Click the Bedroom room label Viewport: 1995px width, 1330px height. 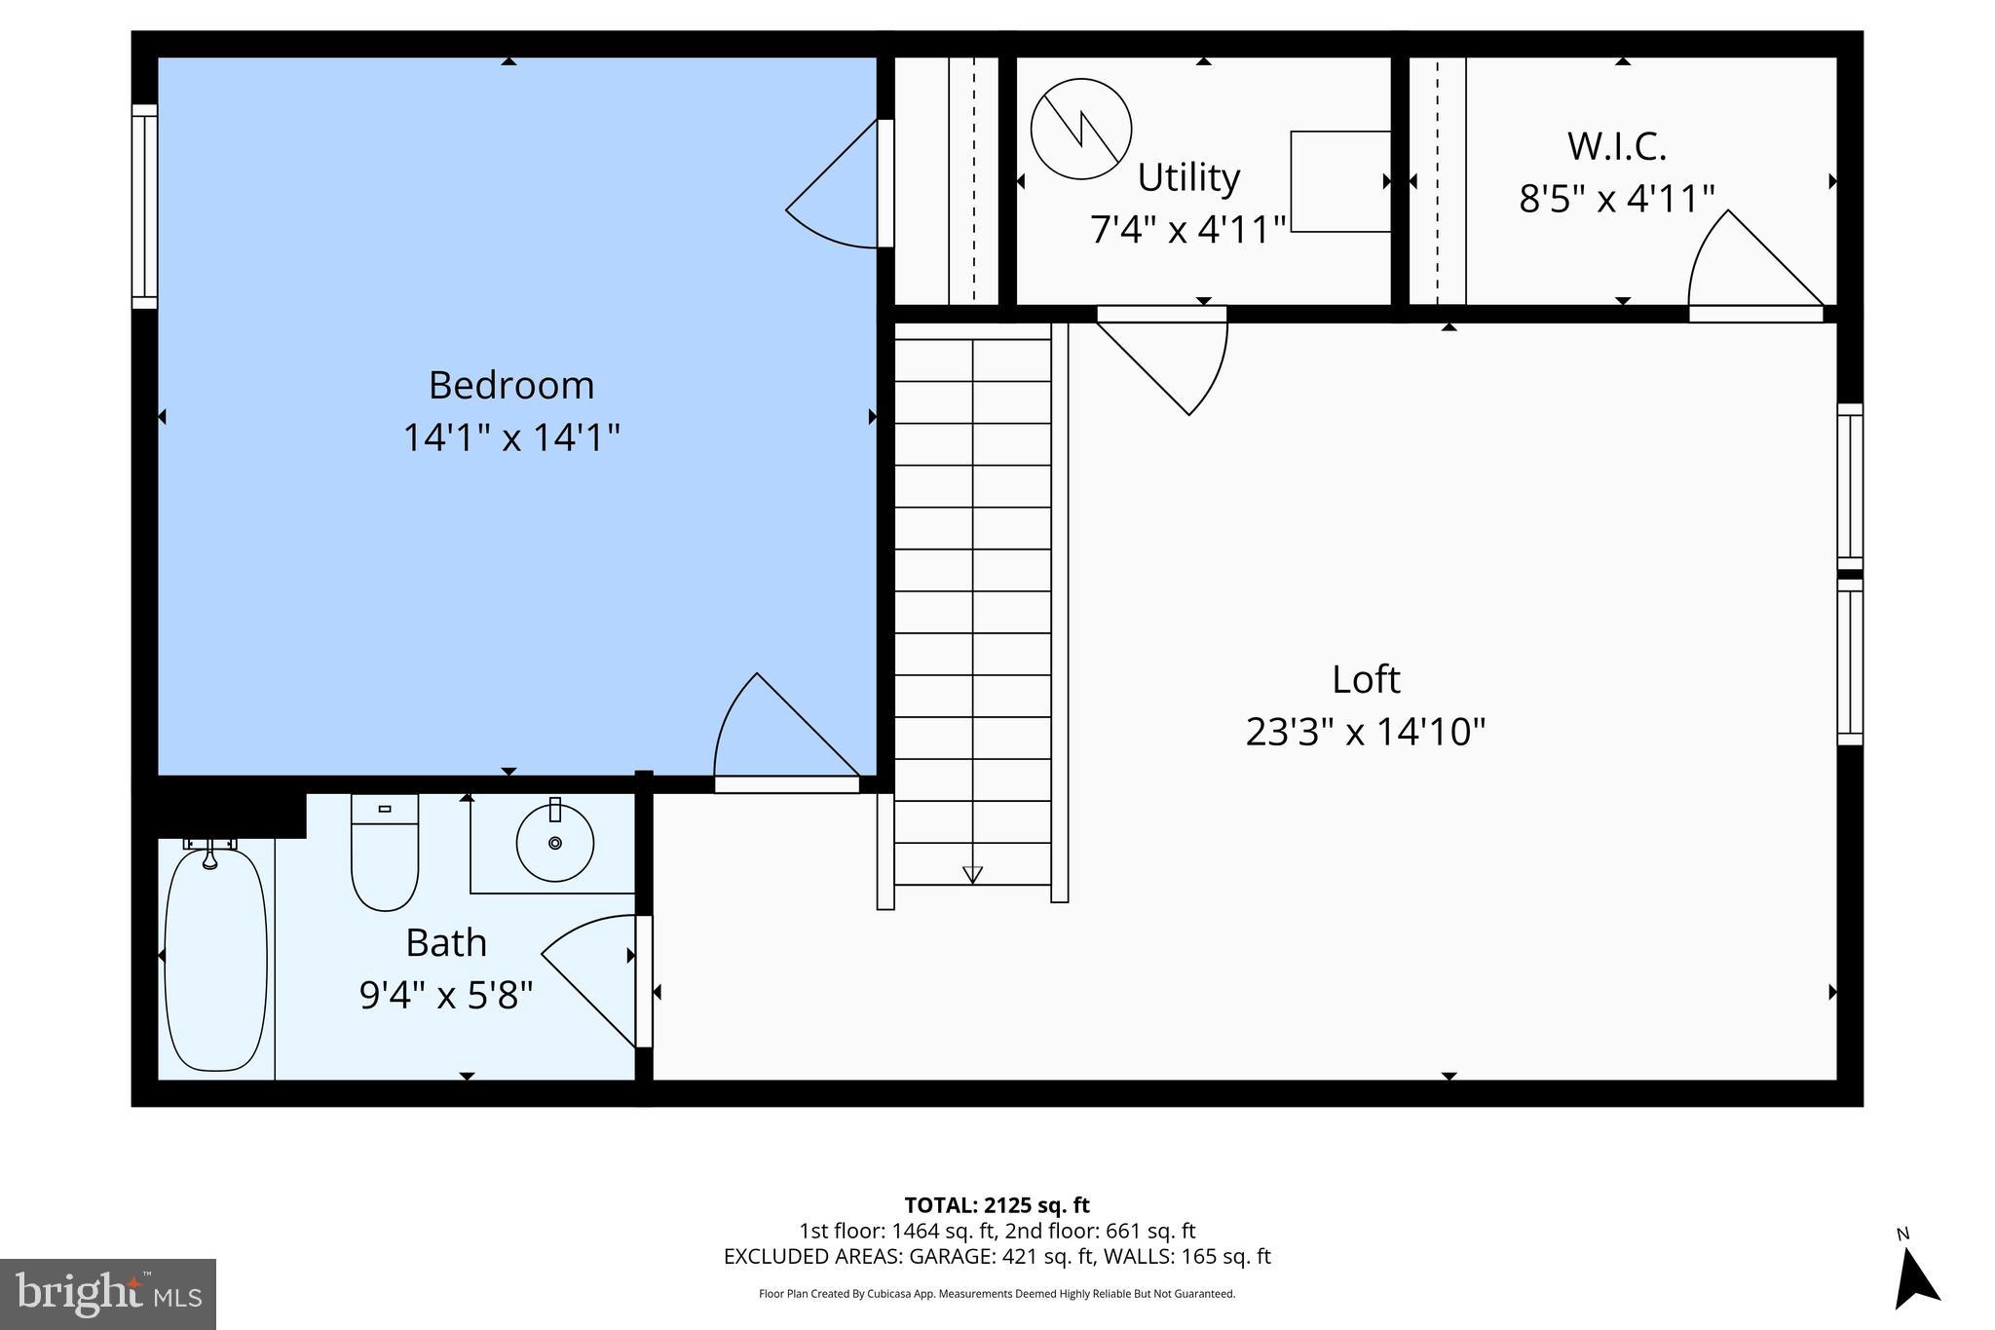click(511, 386)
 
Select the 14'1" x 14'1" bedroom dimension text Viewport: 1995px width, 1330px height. click(511, 437)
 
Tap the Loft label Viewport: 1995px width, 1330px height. click(1366, 680)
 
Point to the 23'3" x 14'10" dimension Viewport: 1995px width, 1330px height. click(1366, 732)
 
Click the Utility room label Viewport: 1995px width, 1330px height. click(1188, 178)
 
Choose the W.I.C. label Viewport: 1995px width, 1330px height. click(1616, 147)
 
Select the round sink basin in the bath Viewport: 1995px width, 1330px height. click(554, 843)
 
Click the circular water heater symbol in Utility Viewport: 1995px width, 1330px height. click(1081, 129)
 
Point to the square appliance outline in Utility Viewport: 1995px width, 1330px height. click(1340, 181)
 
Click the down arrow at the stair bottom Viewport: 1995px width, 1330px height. click(972, 874)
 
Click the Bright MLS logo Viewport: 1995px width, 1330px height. click(108, 1294)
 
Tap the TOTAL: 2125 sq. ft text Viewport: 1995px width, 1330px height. click(997, 1205)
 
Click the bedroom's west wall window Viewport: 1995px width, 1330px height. click(144, 207)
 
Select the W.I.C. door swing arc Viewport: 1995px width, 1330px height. click(1744, 263)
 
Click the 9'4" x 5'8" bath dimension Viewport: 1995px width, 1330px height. click(446, 996)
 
